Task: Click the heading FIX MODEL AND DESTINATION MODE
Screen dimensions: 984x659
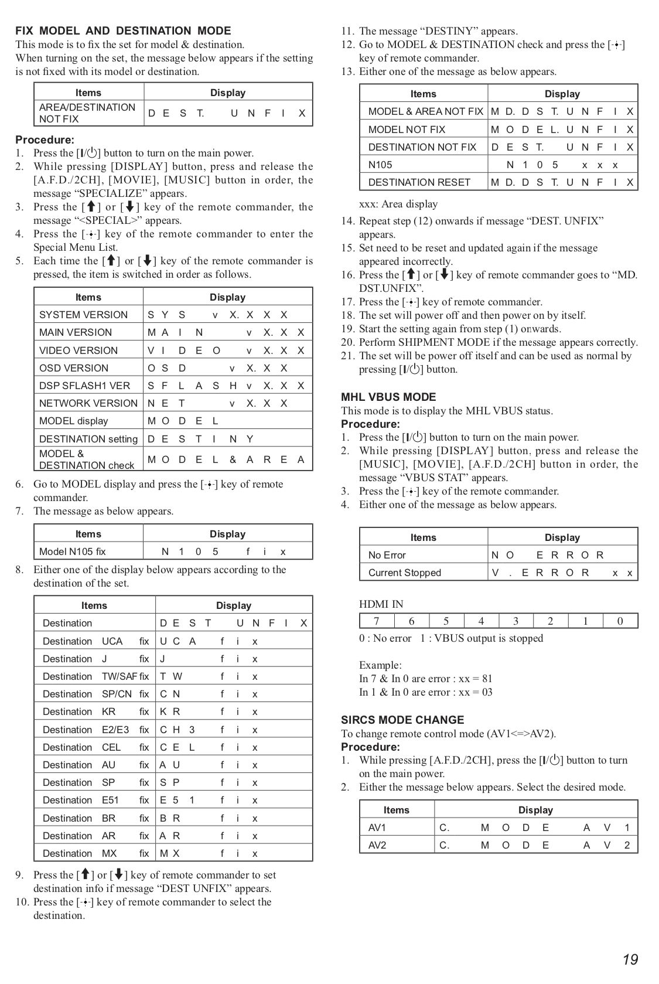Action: click(123, 31)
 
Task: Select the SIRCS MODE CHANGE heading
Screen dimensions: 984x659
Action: click(402, 720)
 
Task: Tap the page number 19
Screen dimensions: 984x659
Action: click(630, 959)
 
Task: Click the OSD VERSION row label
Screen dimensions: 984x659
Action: click(74, 368)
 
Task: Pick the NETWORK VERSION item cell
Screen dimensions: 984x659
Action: click(88, 403)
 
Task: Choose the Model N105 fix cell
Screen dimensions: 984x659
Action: click(73, 551)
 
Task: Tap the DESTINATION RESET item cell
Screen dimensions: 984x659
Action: click(419, 182)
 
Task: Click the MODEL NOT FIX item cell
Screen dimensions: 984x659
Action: click(407, 130)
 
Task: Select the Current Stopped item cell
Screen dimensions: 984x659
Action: click(404, 573)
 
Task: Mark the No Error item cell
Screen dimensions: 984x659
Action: click(387, 555)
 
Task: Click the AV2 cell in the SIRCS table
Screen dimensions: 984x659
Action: click(377, 845)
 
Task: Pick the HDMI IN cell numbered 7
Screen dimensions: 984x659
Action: click(377, 621)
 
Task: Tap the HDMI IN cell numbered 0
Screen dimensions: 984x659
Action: click(620, 621)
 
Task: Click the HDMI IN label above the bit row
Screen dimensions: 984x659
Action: click(381, 604)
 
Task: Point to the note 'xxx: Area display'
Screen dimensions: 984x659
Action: click(398, 204)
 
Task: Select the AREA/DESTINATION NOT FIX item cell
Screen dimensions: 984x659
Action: click(87, 113)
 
